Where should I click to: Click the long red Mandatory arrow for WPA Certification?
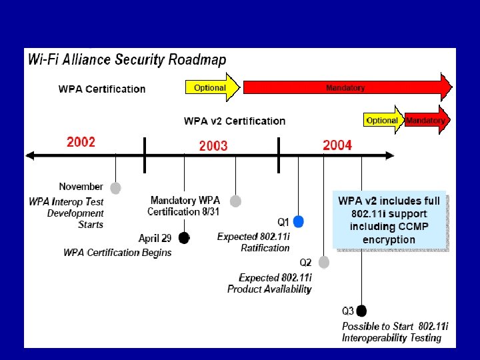[345, 87]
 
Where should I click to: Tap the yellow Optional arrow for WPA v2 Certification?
[383, 121]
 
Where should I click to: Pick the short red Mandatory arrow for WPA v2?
[427, 121]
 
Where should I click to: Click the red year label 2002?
[81, 142]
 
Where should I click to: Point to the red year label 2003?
[213, 145]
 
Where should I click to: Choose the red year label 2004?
[337, 145]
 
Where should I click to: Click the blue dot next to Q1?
[299, 221]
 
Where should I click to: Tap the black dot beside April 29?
[184, 238]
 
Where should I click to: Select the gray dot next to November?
[115, 188]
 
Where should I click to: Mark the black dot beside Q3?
[361, 311]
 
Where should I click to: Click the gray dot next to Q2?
[324, 262]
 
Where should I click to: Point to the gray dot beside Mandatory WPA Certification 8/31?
[235, 201]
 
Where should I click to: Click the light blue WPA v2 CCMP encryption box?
[389, 220]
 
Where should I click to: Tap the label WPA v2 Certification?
[234, 121]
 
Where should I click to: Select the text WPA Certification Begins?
[117, 252]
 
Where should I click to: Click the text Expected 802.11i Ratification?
[254, 242]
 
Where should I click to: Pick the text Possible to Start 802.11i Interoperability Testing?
[395, 332]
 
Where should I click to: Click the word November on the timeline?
[81, 187]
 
